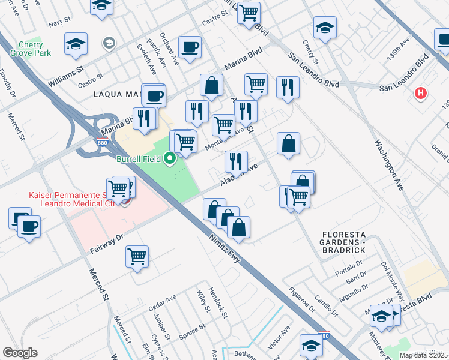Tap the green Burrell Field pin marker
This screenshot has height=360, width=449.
[x=170, y=158]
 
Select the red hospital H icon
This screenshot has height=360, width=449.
[x=421, y=94]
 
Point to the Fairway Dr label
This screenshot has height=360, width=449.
[x=107, y=242]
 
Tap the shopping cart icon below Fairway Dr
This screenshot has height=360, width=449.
[x=137, y=256]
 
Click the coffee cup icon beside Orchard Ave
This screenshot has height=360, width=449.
[x=190, y=47]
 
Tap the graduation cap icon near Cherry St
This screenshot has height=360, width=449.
[x=325, y=28]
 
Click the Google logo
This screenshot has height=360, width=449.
[x=20, y=353]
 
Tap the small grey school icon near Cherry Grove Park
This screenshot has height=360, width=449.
[x=109, y=43]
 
